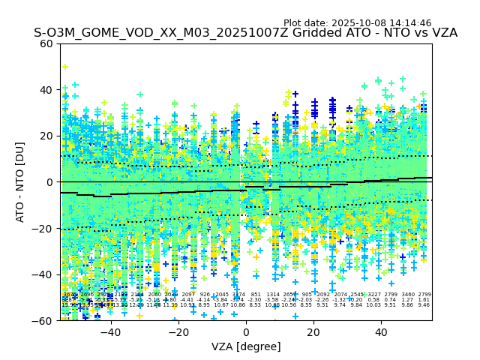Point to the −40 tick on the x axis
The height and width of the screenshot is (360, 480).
pos(110,332)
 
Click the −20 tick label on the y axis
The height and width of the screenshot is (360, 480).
pos(43,228)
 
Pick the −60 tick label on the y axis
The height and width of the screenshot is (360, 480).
pos(43,320)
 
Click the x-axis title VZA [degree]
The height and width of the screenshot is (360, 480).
pos(246,346)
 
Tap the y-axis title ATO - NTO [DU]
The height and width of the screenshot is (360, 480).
pos(21,182)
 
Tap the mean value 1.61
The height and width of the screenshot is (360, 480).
pos(424,300)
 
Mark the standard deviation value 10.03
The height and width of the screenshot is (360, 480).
pos(373,305)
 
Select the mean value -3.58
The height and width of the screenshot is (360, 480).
pos(272,300)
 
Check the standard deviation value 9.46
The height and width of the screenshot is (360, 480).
pos(424,305)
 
